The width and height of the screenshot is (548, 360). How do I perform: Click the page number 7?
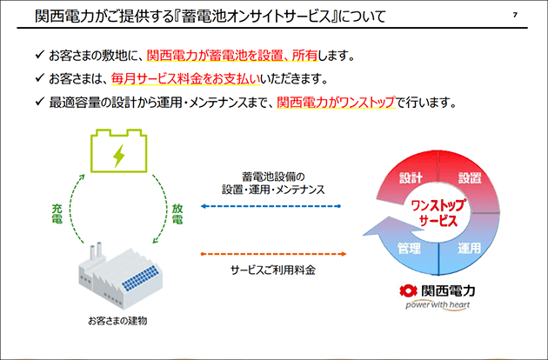coord(515,15)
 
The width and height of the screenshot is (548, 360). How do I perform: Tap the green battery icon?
coord(118,150)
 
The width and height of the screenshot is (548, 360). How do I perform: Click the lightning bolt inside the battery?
coord(119,155)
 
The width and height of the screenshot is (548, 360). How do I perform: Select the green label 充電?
coord(57,214)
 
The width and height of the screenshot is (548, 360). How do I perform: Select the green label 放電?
coord(177,214)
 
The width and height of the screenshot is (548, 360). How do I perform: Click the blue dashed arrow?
coord(271,206)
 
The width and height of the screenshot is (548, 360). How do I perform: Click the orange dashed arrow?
coord(274,254)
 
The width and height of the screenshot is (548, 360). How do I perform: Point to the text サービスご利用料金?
coord(273,270)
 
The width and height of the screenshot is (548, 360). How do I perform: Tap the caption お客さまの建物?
coord(117,321)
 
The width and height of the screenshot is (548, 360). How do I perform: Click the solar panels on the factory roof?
coord(139,278)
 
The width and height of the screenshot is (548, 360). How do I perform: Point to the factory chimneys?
coord(96,251)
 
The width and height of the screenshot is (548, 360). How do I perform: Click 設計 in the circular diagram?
coord(411,178)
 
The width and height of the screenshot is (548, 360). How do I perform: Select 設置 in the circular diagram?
coord(470,178)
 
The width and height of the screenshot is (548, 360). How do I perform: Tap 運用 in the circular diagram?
coord(470,248)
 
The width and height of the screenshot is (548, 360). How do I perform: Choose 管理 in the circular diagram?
coord(409,248)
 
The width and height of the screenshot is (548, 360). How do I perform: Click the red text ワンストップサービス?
coord(438,213)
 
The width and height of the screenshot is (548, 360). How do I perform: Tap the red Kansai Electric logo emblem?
coord(408,290)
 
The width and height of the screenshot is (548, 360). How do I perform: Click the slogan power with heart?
coord(438,305)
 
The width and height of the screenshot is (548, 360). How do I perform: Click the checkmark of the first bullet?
coord(40,54)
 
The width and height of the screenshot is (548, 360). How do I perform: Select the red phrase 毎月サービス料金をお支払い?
coord(185,79)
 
